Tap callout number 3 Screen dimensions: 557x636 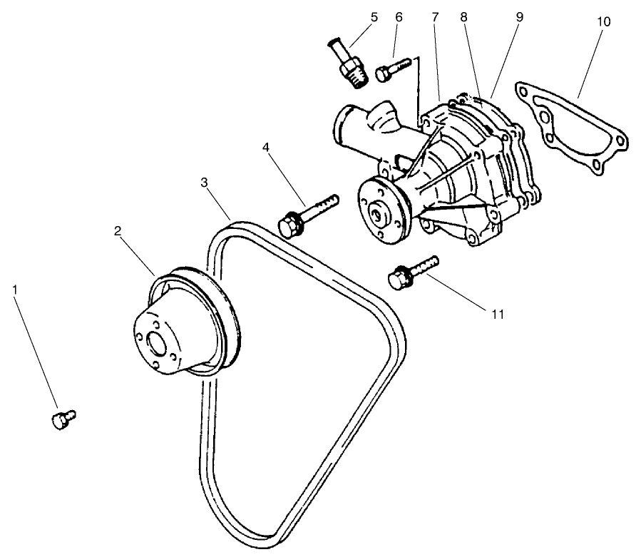(204, 183)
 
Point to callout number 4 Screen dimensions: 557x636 (265, 148)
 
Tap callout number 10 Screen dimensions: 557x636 (603, 22)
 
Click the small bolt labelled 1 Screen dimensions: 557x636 (63, 419)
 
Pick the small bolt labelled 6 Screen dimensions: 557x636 (390, 71)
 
